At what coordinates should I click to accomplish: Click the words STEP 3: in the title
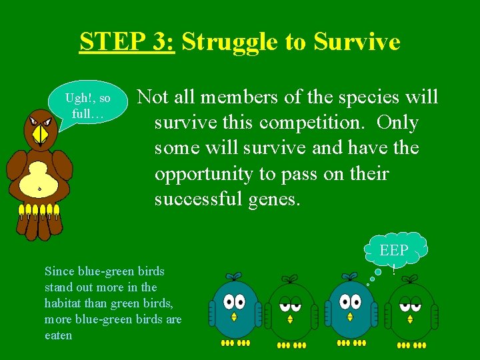(x=127, y=42)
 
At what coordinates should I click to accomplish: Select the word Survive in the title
(x=357, y=42)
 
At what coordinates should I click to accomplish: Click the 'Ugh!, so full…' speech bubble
(x=87, y=105)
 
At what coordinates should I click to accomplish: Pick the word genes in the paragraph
(x=273, y=199)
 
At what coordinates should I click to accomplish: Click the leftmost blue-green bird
(x=234, y=309)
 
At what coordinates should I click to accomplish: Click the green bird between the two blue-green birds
(x=291, y=310)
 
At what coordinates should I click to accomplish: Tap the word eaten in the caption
(x=58, y=335)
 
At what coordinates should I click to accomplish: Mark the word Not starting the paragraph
(x=153, y=98)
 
